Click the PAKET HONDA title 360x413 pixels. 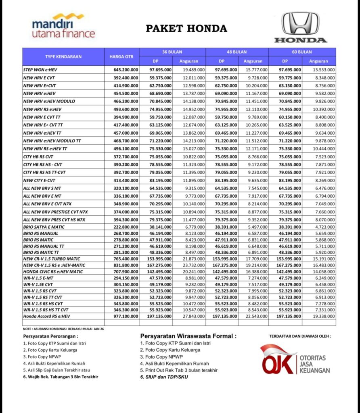click(186, 29)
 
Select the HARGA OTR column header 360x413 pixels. click(122, 56)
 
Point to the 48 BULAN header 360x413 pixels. click(237, 52)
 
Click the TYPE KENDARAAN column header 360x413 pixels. click(63, 56)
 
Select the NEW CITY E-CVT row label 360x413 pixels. click(40, 180)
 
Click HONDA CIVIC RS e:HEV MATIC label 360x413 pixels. click(53, 272)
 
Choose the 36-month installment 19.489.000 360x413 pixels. click(189, 70)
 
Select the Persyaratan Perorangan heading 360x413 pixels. click(51, 336)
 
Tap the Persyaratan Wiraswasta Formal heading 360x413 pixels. click(188, 336)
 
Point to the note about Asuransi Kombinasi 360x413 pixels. click(63, 329)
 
